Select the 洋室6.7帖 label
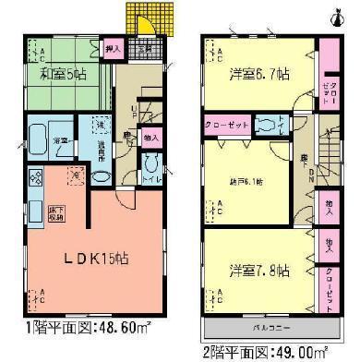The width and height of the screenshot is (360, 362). click(x=258, y=72)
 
